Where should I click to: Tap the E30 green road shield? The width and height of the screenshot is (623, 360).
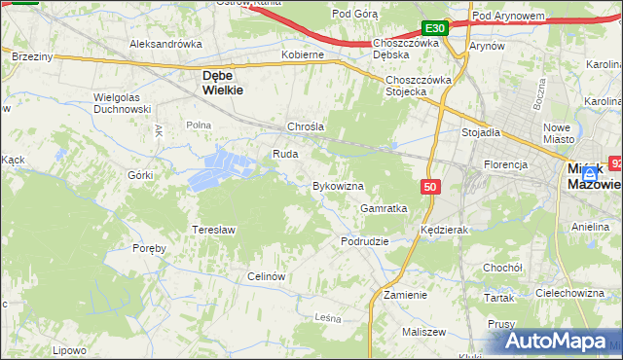click(x=435, y=29)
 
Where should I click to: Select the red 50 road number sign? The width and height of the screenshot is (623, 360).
click(x=430, y=185)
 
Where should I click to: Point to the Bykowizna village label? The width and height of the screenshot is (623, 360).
click(x=338, y=185)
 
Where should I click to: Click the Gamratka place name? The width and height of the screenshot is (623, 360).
click(x=384, y=208)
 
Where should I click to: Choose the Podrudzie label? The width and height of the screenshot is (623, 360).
click(x=365, y=240)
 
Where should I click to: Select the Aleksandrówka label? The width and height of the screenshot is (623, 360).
click(x=165, y=44)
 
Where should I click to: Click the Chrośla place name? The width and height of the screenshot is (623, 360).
click(x=305, y=126)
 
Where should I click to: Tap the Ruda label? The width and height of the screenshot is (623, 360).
click(x=284, y=154)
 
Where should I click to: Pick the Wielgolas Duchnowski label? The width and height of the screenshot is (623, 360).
click(x=122, y=103)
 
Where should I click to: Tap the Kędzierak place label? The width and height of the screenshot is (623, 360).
click(x=446, y=231)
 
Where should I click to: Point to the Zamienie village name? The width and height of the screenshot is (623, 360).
click(x=406, y=294)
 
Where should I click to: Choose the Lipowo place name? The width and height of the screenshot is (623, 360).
click(x=70, y=350)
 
